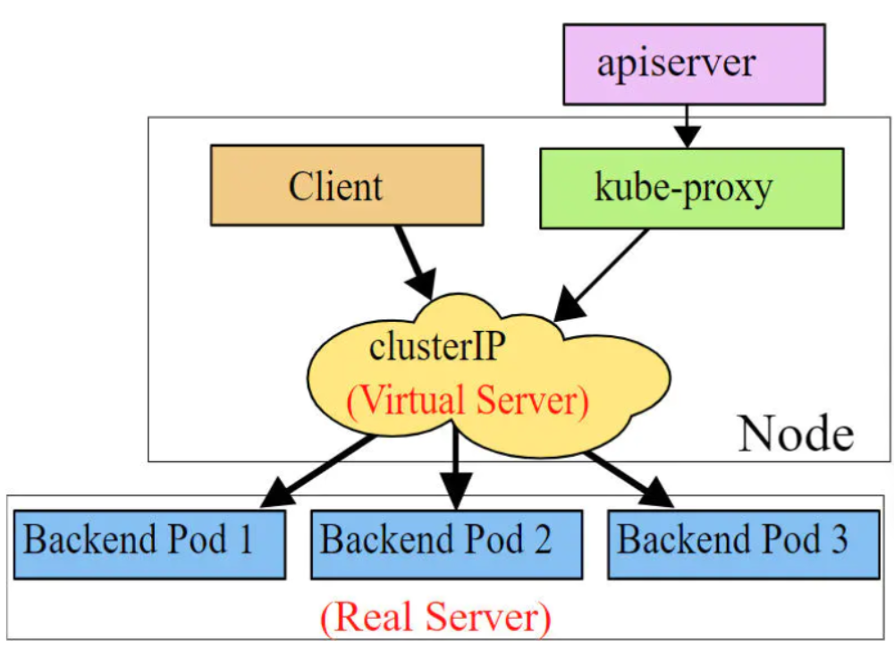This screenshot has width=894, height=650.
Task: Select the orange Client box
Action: click(x=347, y=185)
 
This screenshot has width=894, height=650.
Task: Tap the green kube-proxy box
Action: click(x=691, y=189)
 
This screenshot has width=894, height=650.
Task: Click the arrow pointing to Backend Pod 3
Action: click(x=626, y=474)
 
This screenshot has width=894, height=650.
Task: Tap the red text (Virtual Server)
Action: click(x=468, y=400)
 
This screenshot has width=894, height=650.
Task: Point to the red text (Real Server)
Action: click(x=434, y=618)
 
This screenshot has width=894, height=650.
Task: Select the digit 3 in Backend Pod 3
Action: click(x=837, y=541)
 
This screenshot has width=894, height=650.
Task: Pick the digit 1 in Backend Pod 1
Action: click(x=244, y=541)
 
